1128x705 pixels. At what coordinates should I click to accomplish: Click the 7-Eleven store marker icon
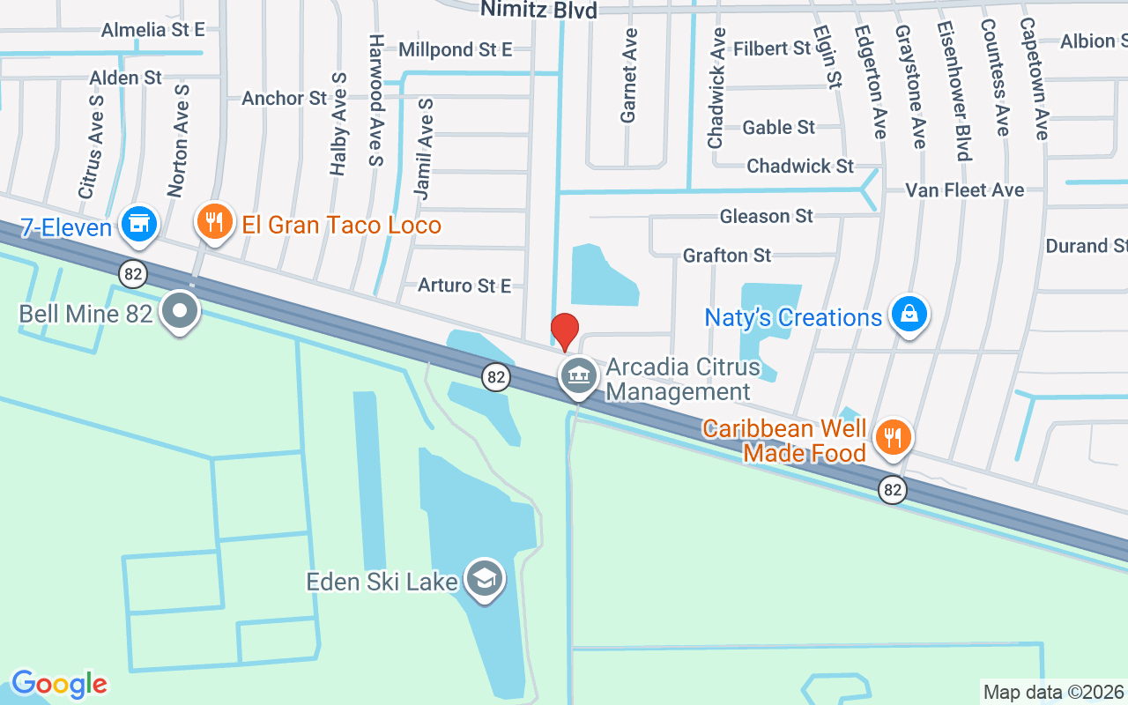[x=139, y=224]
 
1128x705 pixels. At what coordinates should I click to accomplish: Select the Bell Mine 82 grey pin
[x=182, y=311]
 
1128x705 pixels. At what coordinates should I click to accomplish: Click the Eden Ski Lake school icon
[x=484, y=578]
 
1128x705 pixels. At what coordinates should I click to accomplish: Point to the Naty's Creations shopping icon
[x=909, y=315]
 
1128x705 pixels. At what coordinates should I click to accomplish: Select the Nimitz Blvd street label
[x=538, y=10]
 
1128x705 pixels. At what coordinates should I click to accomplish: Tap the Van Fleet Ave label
[x=965, y=189]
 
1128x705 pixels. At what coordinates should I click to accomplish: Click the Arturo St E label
[x=464, y=285]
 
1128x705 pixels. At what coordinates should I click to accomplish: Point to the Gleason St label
[x=766, y=216]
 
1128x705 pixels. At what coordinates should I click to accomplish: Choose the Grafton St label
[x=727, y=256]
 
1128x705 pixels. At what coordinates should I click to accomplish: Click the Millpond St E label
[x=455, y=49]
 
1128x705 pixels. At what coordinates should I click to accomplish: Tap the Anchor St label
[x=284, y=98]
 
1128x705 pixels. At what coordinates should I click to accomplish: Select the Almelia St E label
[x=152, y=30]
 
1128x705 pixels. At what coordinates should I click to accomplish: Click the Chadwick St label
[x=800, y=166]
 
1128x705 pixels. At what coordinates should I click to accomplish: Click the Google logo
[x=59, y=684]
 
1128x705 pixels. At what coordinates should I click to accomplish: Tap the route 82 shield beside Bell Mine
[x=133, y=275]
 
